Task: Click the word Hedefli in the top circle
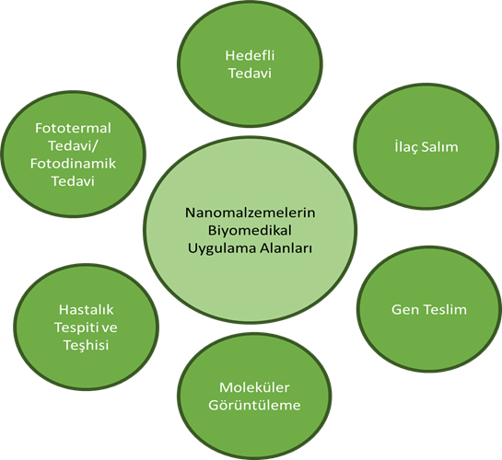point(250,55)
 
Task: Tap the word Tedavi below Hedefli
point(250,74)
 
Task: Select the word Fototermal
point(73,128)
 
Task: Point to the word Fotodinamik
point(73,164)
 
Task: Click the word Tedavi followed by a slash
point(71,146)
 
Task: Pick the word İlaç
point(405,147)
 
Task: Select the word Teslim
point(445,310)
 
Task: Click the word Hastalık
point(86,310)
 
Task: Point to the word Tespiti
point(76,328)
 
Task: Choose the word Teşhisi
point(86,345)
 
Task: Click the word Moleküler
point(254,387)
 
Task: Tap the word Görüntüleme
point(254,405)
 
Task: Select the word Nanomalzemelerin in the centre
point(250,213)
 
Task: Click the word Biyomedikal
point(250,231)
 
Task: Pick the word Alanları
point(286,248)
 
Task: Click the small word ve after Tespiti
point(110,328)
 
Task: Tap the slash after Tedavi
point(96,146)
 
